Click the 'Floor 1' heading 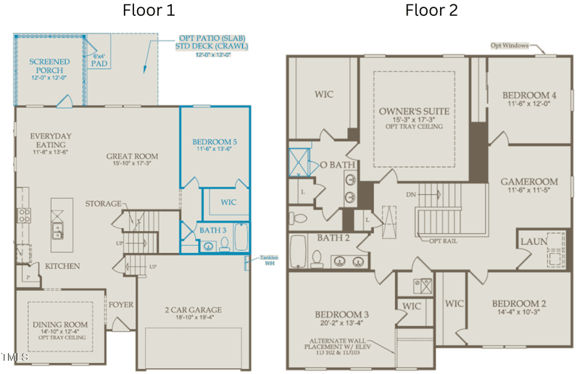(149, 10)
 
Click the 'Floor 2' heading (431, 10)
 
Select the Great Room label (132, 156)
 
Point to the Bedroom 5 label (215, 141)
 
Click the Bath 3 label (213, 230)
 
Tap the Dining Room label (61, 325)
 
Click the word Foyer (121, 304)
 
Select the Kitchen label (62, 266)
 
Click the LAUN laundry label (534, 241)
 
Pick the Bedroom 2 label (518, 303)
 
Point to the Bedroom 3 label (342, 314)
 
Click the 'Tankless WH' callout (269, 259)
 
